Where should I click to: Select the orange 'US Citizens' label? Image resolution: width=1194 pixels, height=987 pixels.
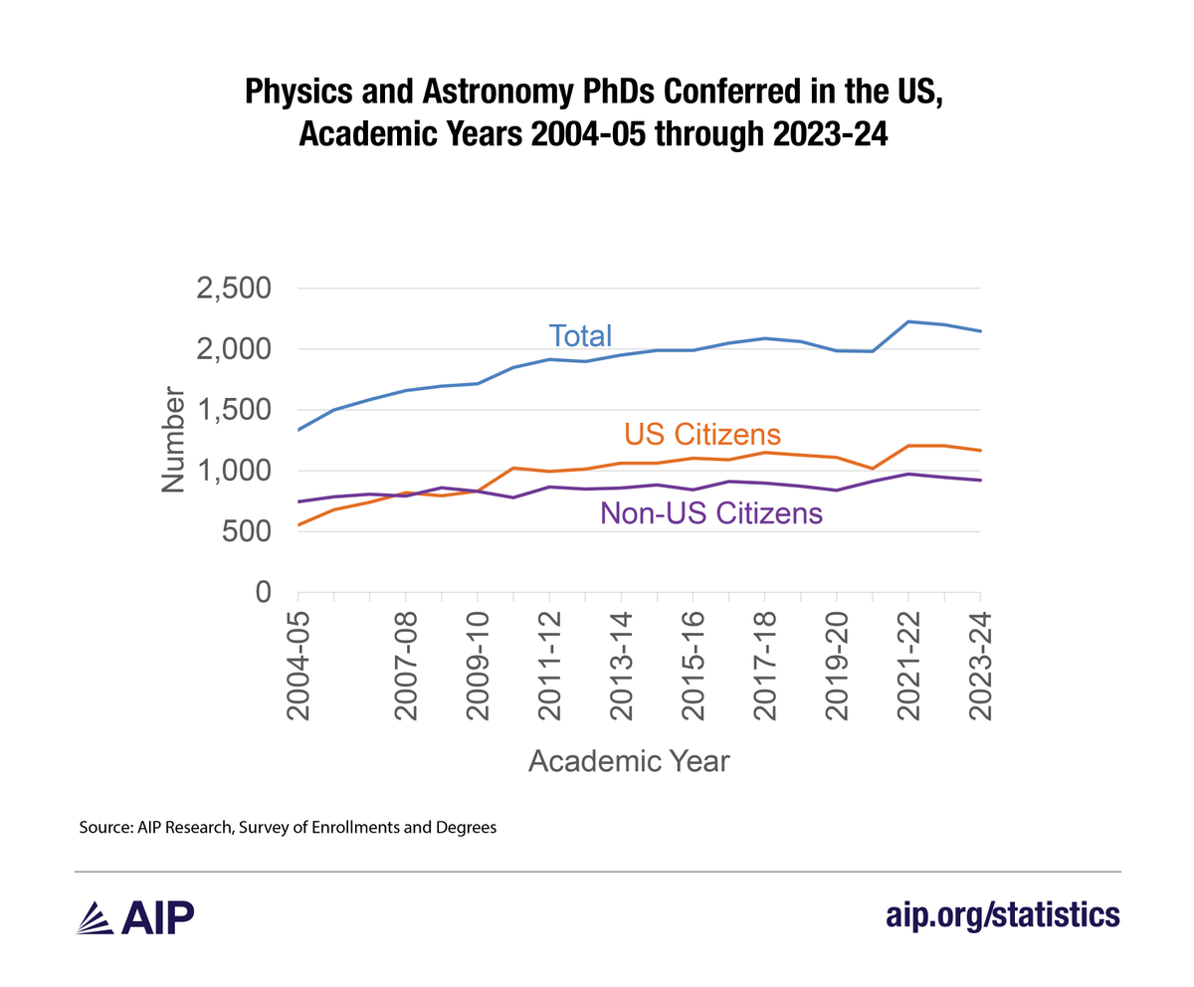tap(701, 435)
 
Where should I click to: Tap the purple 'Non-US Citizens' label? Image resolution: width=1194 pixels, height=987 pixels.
tap(711, 513)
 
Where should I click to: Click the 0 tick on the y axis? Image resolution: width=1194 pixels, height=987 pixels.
tap(264, 592)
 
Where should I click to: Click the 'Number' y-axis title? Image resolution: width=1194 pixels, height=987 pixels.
tap(173, 442)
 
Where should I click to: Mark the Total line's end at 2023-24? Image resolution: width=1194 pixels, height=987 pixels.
tap(981, 331)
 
